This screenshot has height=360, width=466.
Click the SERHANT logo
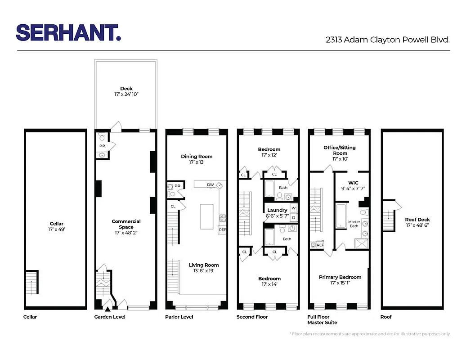(x=68, y=33)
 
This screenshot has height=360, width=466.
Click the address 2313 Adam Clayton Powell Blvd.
(x=388, y=40)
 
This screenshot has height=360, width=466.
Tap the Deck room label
(x=126, y=89)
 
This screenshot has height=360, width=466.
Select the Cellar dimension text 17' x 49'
(x=57, y=229)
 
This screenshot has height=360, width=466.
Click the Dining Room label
(x=197, y=157)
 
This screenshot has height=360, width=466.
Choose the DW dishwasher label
(x=210, y=185)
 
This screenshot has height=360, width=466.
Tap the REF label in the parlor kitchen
(x=222, y=230)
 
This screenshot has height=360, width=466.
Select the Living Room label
(x=204, y=265)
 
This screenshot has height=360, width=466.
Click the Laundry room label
(x=277, y=210)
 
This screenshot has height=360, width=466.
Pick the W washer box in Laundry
(x=293, y=208)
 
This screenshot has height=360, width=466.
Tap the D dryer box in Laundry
(x=293, y=217)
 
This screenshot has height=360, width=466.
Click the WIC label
(x=353, y=183)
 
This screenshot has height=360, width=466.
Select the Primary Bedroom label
(x=340, y=277)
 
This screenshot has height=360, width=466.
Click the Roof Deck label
(x=417, y=220)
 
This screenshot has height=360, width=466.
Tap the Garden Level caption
(x=110, y=317)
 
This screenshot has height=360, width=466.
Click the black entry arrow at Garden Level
(x=107, y=309)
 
